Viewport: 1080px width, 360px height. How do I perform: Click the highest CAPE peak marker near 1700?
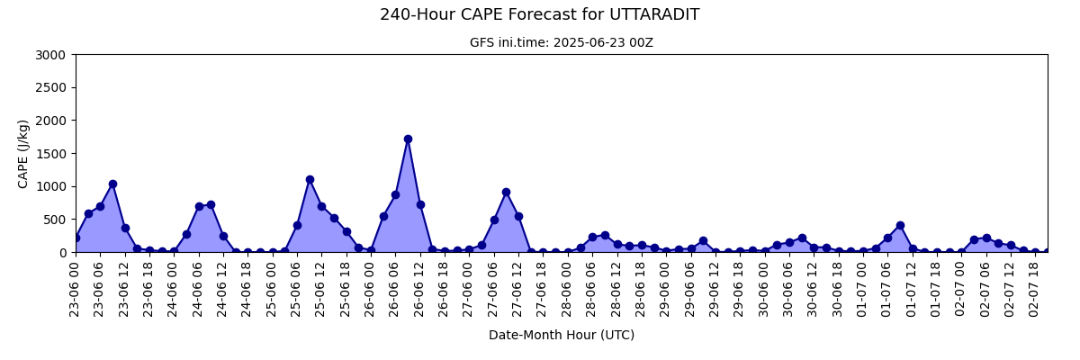point(408,139)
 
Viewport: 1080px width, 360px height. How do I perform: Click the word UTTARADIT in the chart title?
point(654,14)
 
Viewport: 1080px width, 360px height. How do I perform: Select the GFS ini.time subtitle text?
point(562,43)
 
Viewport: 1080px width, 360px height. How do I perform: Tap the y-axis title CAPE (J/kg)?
point(22,154)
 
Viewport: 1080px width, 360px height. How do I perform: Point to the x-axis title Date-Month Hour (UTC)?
point(562,335)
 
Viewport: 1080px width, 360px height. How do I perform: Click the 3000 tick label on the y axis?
point(50,55)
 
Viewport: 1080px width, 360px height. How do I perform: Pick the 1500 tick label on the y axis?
point(50,154)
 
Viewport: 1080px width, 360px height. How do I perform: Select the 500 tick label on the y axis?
point(54,220)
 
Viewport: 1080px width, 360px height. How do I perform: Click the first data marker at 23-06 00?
point(76,238)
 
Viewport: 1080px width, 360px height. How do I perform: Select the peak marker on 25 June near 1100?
point(310,180)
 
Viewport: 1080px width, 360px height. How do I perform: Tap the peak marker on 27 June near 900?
point(506,193)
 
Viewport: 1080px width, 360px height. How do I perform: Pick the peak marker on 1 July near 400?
point(900,226)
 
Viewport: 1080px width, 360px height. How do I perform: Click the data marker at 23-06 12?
point(125,229)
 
